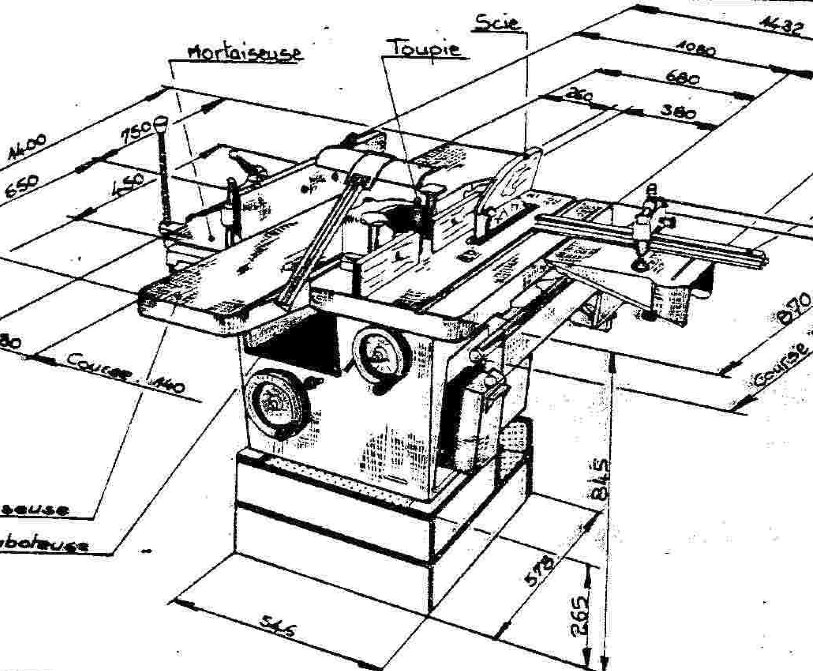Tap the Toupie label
click(426, 48)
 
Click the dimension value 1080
click(695, 50)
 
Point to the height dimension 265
click(580, 614)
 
